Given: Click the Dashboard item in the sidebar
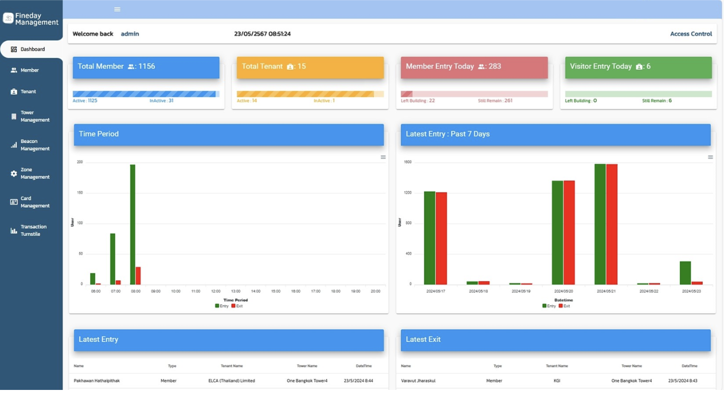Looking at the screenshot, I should point(32,49).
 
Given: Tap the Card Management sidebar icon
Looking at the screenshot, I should point(14,202).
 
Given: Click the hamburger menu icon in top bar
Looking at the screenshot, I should point(117,9).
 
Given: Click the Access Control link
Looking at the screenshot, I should point(691,34).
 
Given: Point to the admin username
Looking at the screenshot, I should point(130,34).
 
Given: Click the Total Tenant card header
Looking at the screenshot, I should point(310,67).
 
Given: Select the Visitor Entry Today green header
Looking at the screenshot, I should point(638,67).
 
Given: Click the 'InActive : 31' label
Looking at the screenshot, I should point(162,101).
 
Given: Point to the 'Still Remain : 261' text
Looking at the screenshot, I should point(495,101).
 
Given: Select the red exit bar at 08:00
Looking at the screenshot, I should point(138,276).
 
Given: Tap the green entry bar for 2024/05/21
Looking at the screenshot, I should point(600,224).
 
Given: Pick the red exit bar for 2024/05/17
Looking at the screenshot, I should point(441,239).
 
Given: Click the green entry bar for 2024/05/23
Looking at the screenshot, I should point(685,273).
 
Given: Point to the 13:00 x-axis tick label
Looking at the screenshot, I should point(235,291).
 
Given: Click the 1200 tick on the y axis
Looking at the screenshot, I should point(408,193).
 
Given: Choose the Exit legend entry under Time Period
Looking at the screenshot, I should point(237,306).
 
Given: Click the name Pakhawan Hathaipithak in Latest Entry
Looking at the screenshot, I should point(97,381).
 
